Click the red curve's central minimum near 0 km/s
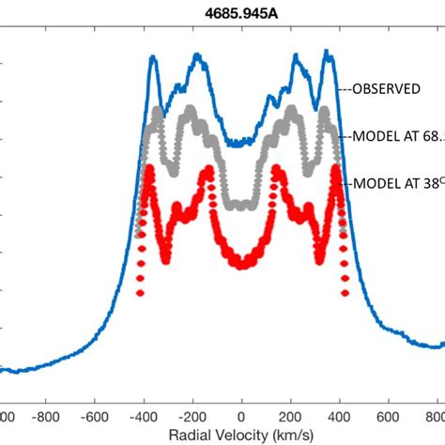pyautogui.click(x=241, y=265)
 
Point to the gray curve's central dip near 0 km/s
pyautogui.click(x=241, y=205)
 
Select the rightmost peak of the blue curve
pyautogui.click(x=329, y=53)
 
